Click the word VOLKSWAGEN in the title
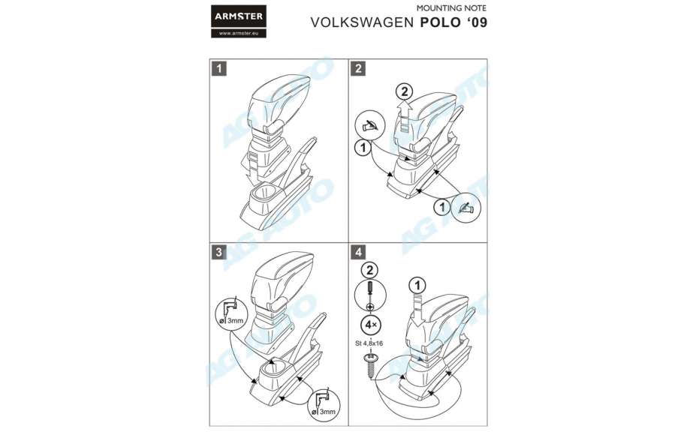point(361,22)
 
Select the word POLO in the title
point(438,22)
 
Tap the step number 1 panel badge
point(218,68)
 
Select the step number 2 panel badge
point(358,68)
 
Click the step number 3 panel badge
point(218,252)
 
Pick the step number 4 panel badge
point(358,252)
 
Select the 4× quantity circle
point(369,325)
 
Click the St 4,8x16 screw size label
point(369,343)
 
